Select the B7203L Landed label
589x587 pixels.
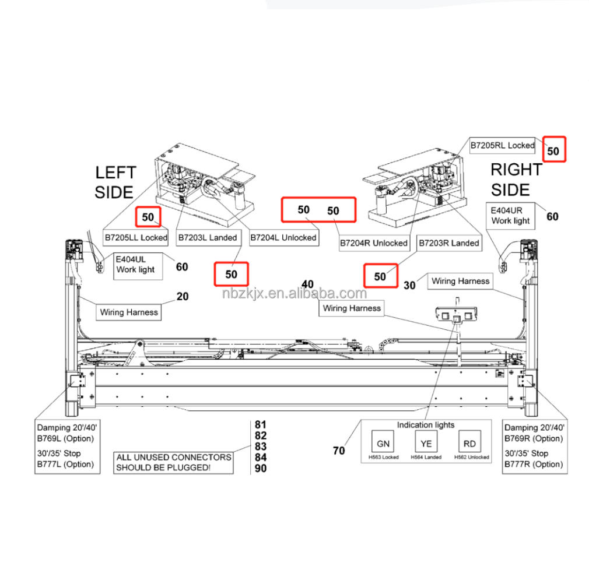[208, 238]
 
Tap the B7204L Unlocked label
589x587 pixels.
[283, 238]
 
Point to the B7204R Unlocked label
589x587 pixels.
[374, 243]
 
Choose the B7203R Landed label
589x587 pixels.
[448, 243]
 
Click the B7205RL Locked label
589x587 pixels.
[503, 145]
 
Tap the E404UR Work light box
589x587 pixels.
[510, 216]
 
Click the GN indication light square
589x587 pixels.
[383, 444]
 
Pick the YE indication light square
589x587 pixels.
[426, 444]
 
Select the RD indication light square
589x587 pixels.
[469, 444]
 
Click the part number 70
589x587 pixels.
[339, 451]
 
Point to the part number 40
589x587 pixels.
[307, 284]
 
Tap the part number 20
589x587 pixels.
[183, 297]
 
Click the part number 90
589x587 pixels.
[261, 469]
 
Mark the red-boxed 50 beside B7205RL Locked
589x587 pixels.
[553, 151]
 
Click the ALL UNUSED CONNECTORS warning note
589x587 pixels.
[174, 462]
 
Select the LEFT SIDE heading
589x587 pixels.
[115, 182]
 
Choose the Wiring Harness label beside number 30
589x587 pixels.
[460, 281]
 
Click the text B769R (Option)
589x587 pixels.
[534, 438]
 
